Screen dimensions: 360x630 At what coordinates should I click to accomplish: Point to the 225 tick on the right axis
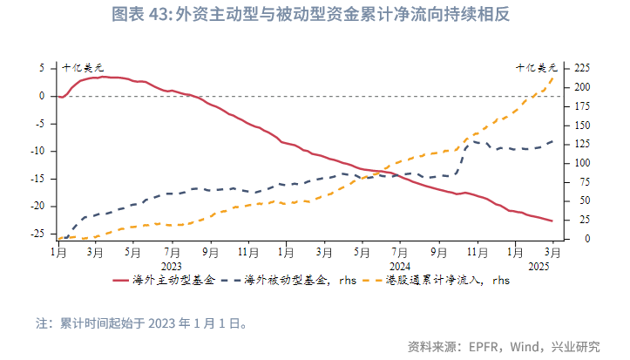pos(582,67)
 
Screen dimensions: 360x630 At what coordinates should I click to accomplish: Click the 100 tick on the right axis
pos(582,162)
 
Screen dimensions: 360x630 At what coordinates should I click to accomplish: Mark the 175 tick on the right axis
pos(582,105)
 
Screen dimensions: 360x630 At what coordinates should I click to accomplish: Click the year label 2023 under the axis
pos(172,265)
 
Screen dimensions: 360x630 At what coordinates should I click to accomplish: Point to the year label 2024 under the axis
pos(400,265)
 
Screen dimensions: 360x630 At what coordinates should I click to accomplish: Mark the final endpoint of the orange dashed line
pos(552,78)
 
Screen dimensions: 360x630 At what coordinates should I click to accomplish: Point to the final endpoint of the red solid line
pos(552,221)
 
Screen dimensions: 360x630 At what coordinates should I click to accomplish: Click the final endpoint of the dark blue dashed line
pos(552,140)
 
